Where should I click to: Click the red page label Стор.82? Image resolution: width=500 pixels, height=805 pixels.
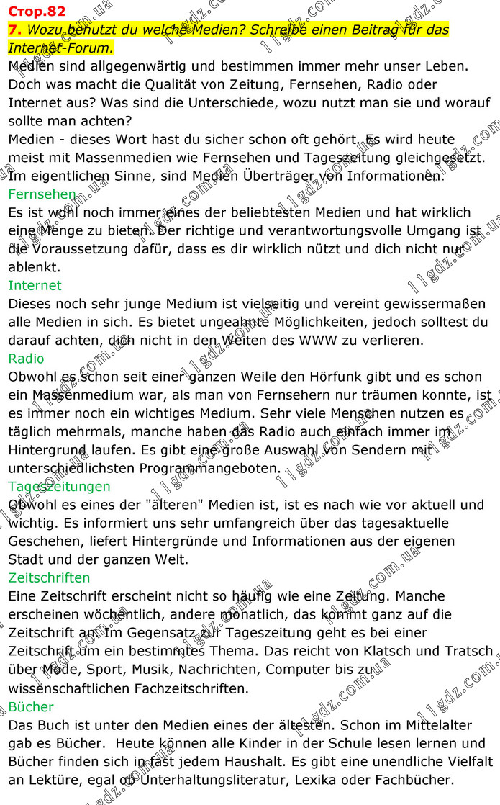37,11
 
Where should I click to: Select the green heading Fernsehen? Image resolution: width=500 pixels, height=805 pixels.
42,194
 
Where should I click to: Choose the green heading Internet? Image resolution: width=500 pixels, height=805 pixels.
35,285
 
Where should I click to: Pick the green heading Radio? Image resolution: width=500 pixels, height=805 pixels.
26,359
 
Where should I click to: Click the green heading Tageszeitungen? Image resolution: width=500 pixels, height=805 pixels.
59,486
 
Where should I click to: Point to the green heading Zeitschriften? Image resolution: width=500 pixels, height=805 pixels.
49,577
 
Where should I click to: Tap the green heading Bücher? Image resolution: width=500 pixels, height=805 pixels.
31,706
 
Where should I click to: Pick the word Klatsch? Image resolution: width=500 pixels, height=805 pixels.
391,651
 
